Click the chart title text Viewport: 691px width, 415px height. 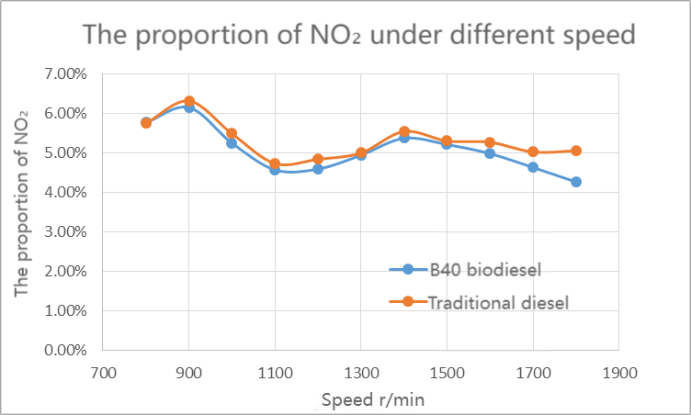pos(359,35)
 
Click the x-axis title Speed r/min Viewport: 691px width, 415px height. pos(372,399)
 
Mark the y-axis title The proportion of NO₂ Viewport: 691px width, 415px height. pos(22,202)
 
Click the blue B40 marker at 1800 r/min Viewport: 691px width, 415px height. pos(576,182)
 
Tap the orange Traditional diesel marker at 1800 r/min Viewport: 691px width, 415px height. pos(576,151)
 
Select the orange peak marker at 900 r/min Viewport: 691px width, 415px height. pos(189,101)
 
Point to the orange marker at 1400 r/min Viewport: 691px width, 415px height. pos(404,131)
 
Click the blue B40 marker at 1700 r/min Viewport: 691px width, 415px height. pos(533,167)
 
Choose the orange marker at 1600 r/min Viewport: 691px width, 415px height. pos(490,142)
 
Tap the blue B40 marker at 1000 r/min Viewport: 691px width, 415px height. pos(232,143)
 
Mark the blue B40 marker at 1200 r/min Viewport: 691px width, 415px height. pos(318,169)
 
